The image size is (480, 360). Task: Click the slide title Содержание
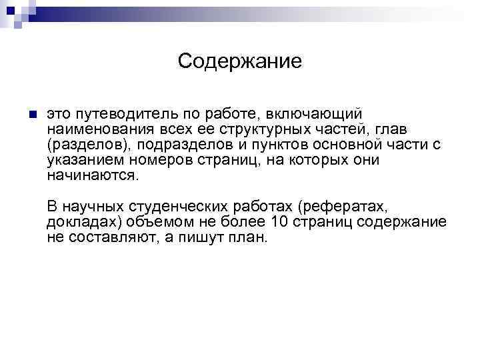click(240, 61)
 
